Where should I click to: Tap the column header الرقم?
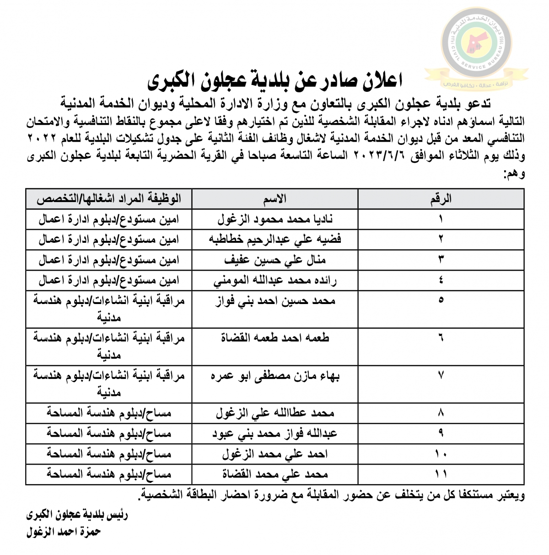click(441, 198)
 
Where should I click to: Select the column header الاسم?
click(275, 198)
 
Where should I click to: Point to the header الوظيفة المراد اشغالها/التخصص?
click(109, 198)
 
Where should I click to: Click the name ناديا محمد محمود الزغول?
click(275, 219)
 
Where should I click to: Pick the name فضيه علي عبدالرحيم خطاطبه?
click(275, 239)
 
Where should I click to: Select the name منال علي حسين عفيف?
click(275, 260)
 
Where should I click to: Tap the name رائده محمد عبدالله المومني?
click(275, 280)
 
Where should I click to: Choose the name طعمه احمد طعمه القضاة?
click(275, 338)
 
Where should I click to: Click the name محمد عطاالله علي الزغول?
click(275, 413)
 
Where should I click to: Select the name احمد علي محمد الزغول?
click(275, 454)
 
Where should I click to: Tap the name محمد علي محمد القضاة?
click(275, 474)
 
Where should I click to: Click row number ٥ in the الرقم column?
click(441, 300)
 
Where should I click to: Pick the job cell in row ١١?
click(109, 474)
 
